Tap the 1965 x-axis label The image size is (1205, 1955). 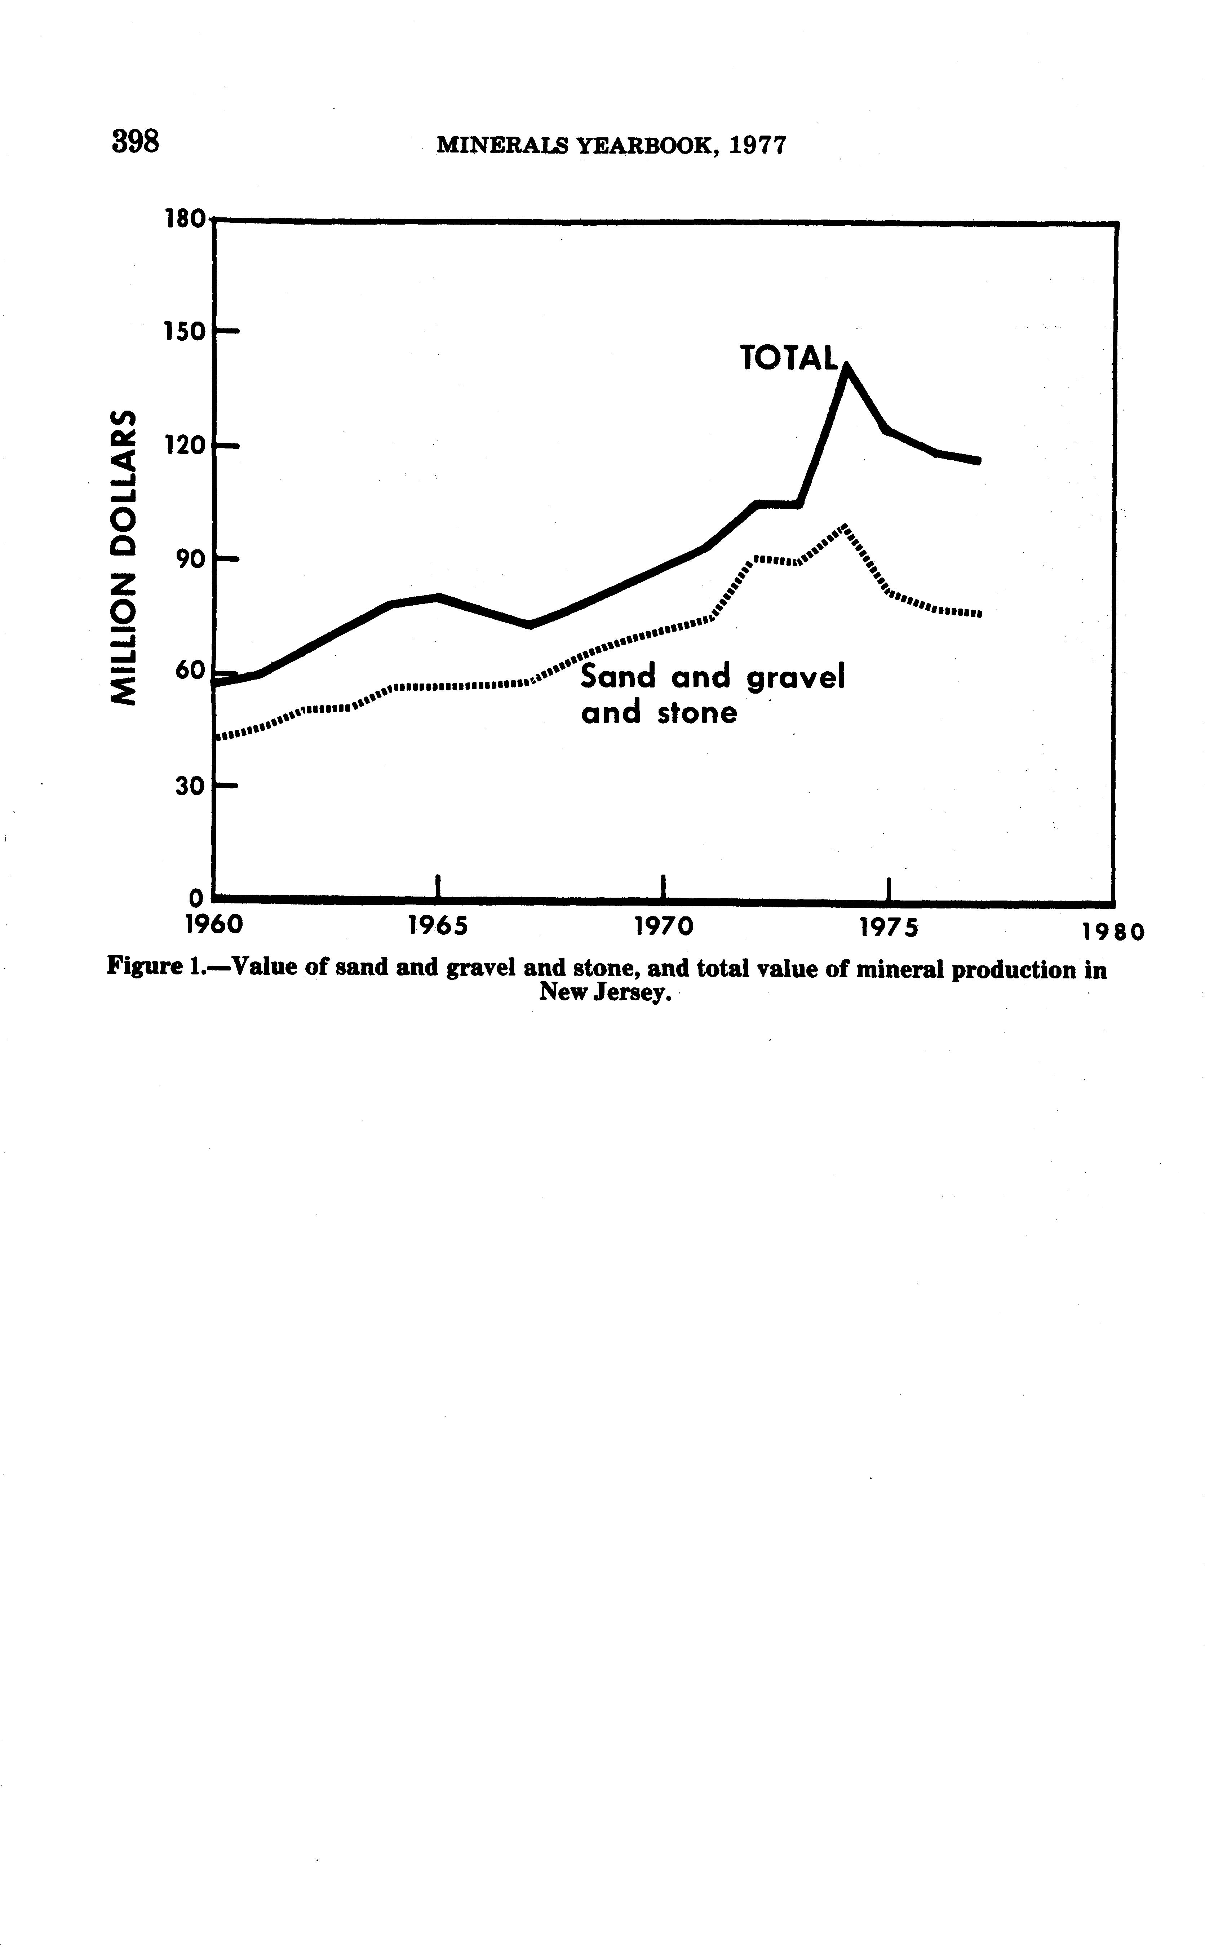pyautogui.click(x=438, y=927)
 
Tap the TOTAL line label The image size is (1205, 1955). pyautogui.click(x=789, y=359)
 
